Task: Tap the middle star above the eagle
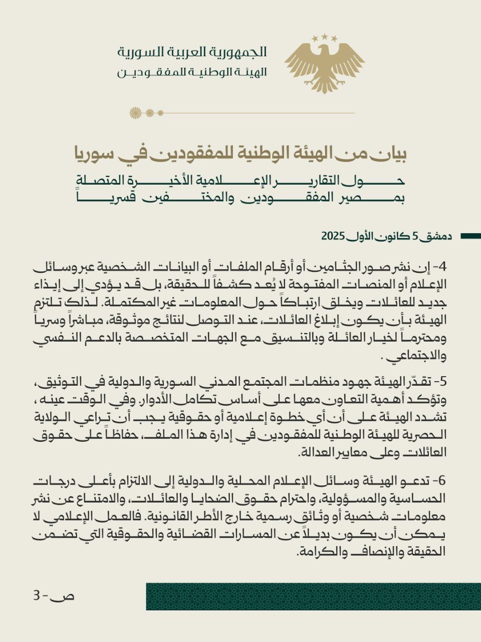click(324, 37)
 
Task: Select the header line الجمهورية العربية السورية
click(192, 52)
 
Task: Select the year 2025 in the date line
click(333, 236)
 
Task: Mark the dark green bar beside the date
click(470, 236)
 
